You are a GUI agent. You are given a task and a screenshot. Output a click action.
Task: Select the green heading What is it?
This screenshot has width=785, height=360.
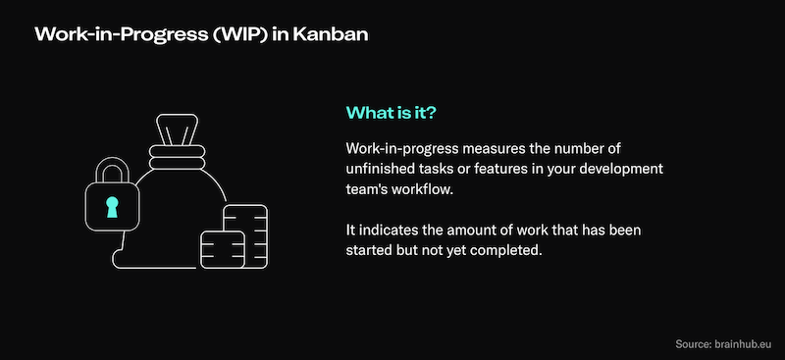pyautogui.click(x=392, y=112)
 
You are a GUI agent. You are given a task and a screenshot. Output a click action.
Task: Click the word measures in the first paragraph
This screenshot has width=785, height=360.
pyautogui.click(x=497, y=149)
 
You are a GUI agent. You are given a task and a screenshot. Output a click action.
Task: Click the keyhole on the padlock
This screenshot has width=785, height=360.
pyautogui.click(x=111, y=206)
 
